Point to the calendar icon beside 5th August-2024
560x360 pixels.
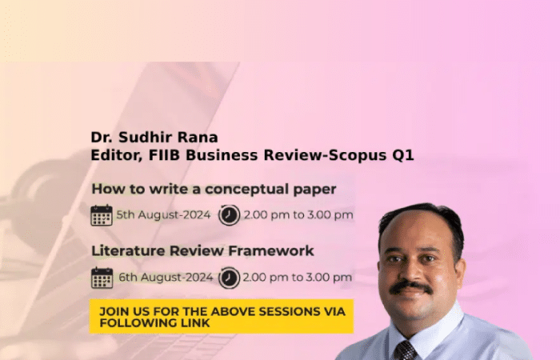[102, 215]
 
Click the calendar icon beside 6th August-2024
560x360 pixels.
[102, 278]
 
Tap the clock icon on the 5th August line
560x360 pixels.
[229, 215]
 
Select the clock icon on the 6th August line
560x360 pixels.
[229, 278]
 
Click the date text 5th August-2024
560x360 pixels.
[163, 215]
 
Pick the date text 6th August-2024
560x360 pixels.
[166, 278]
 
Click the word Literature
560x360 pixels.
[129, 250]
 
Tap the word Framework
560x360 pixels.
[271, 250]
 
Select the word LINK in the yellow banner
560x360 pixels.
[194, 323]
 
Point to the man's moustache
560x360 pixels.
[410, 286]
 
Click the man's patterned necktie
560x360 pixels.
[406, 350]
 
